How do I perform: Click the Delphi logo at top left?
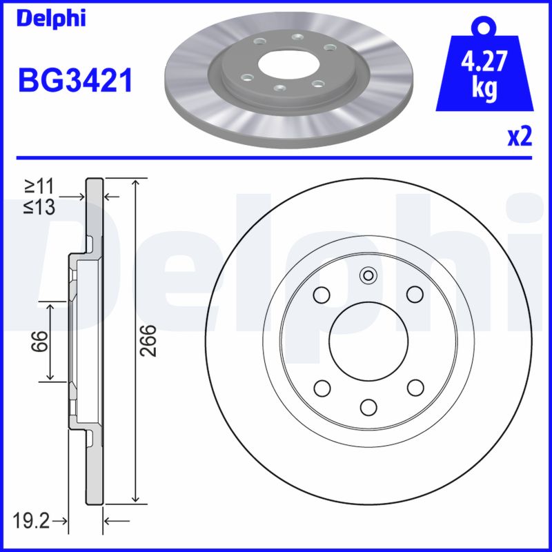(x=52, y=18)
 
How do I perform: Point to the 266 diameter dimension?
(x=148, y=340)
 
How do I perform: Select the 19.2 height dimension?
(x=32, y=520)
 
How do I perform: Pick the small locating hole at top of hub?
(x=368, y=277)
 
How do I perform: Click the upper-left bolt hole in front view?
(x=322, y=295)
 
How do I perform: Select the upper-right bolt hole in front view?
(x=414, y=295)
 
